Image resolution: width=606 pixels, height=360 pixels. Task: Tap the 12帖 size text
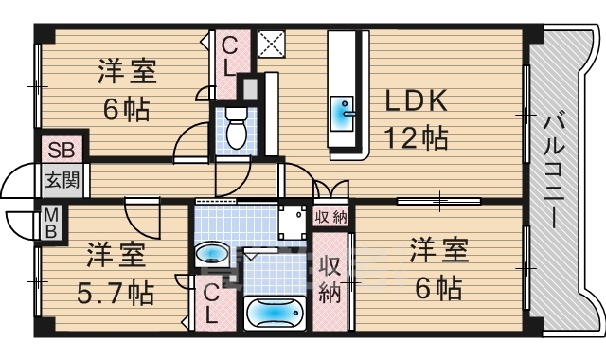point(415,138)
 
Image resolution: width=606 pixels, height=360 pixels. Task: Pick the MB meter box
point(50,222)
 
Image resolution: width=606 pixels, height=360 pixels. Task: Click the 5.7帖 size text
point(116,291)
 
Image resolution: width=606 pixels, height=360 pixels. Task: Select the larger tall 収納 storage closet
point(330,279)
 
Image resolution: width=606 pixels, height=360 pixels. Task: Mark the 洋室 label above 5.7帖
point(116,254)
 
